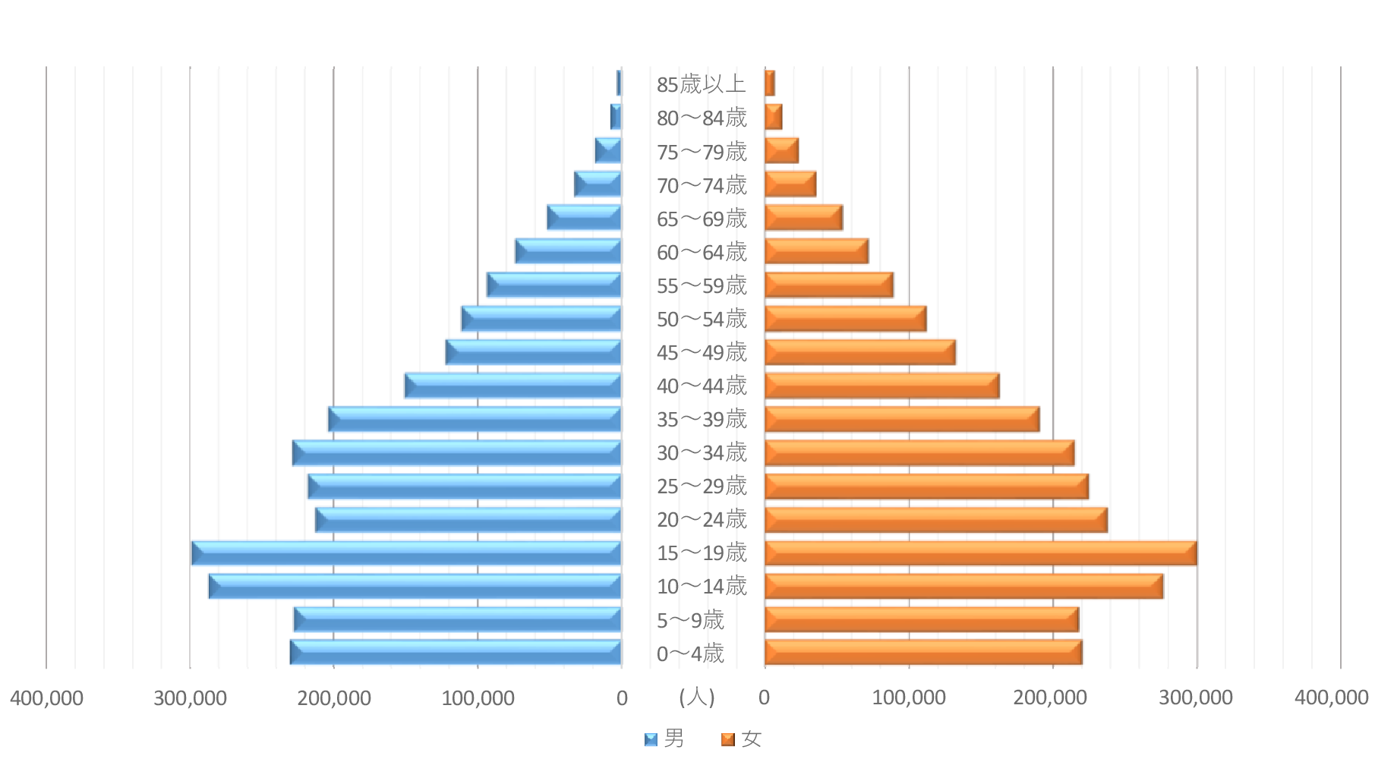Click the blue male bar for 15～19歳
pyautogui.click(x=406, y=553)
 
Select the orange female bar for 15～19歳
pyautogui.click(x=980, y=553)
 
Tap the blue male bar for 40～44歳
pyautogui.click(x=513, y=386)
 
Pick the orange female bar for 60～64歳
pyautogui.click(x=816, y=252)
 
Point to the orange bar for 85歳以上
pyautogui.click(x=770, y=83)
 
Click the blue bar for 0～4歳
pyautogui.click(x=456, y=653)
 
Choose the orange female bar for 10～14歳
pyautogui.click(x=963, y=587)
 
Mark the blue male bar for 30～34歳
pyautogui.click(x=457, y=453)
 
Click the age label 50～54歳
pyautogui.click(x=702, y=320)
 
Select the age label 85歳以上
pyautogui.click(x=701, y=84)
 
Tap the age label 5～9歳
pyautogui.click(x=690, y=620)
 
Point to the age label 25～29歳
pyautogui.click(x=702, y=486)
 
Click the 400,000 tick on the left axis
pyautogui.click(x=46, y=698)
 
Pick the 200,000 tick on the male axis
pyautogui.click(x=334, y=698)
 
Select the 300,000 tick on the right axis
pyautogui.click(x=1196, y=698)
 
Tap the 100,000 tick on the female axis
pyautogui.click(x=909, y=698)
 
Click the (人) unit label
pyautogui.click(x=697, y=697)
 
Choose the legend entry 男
pyautogui.click(x=665, y=738)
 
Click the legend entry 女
pyautogui.click(x=742, y=738)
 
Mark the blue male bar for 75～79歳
pyautogui.click(x=608, y=151)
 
